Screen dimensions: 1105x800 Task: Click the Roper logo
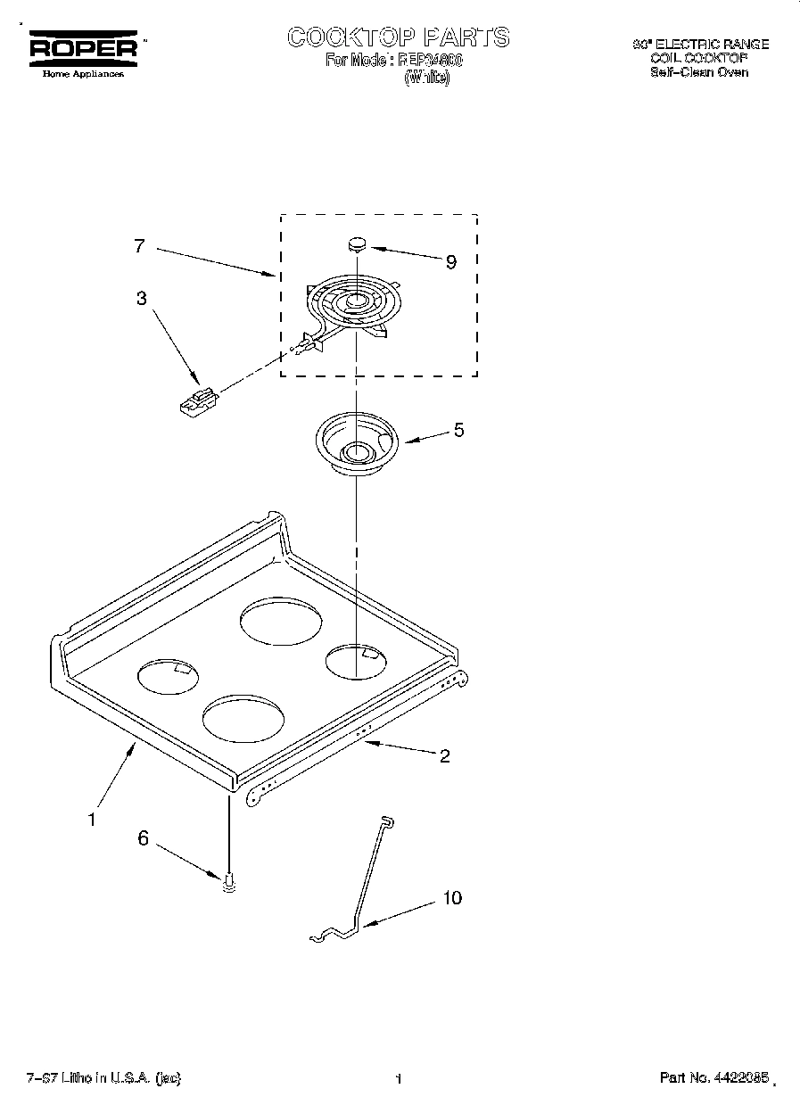[x=84, y=50]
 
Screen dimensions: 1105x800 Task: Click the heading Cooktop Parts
[x=398, y=37]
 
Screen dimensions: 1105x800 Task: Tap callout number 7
[x=139, y=247]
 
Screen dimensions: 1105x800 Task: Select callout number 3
[x=142, y=299]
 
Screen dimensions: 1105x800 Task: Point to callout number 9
[x=450, y=261]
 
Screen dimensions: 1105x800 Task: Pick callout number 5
[x=458, y=430]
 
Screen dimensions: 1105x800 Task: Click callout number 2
[x=444, y=756]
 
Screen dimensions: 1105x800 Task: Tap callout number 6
[x=142, y=837]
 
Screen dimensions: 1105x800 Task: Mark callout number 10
[x=452, y=897]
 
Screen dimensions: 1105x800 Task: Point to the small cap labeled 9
[x=358, y=242]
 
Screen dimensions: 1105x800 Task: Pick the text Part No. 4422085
[x=713, y=1078]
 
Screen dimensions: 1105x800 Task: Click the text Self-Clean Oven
[x=699, y=72]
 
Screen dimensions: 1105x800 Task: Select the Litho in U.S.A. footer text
[x=103, y=1078]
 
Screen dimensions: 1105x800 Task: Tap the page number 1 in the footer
[x=399, y=1079]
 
